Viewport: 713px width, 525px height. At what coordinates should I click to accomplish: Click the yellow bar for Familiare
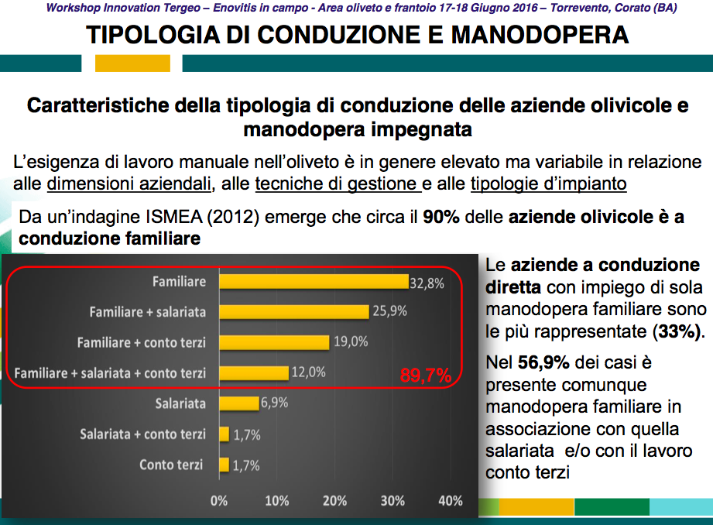[314, 282]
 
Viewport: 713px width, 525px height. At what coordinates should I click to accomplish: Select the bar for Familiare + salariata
[294, 312]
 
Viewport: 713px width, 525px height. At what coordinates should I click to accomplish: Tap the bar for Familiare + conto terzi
[274, 342]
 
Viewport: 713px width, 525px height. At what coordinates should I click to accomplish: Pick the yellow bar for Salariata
[239, 403]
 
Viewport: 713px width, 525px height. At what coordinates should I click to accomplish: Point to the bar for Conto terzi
[225, 465]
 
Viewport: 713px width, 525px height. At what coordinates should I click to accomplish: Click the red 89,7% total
[425, 376]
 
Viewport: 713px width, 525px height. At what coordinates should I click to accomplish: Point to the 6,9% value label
[274, 403]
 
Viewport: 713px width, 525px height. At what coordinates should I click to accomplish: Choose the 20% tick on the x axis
[334, 501]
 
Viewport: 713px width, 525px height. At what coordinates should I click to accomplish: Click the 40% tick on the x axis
[451, 501]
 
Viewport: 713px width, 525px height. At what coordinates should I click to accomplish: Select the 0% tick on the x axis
[220, 501]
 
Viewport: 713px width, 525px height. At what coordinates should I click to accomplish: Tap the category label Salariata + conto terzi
[143, 434]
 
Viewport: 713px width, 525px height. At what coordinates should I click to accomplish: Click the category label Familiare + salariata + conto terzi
[111, 373]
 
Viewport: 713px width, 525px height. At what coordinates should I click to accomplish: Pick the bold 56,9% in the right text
[537, 362]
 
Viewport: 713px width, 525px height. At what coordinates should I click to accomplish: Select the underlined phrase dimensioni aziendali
[129, 184]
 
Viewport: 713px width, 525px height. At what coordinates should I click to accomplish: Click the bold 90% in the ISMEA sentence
[441, 218]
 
